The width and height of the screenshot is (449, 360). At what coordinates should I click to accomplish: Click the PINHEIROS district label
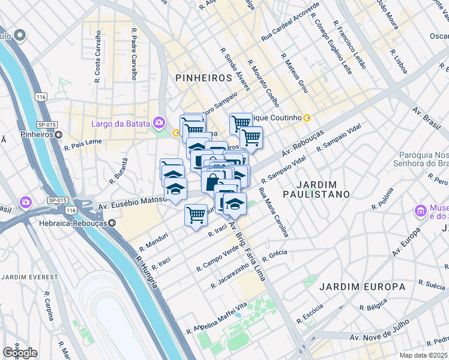pyautogui.click(x=203, y=78)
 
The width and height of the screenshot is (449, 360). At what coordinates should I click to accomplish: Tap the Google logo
pyautogui.click(x=20, y=353)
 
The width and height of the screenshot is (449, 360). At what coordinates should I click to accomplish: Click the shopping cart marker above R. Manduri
pyautogui.click(x=196, y=215)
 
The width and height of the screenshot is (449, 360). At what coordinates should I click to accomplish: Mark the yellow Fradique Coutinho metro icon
pyautogui.click(x=307, y=118)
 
